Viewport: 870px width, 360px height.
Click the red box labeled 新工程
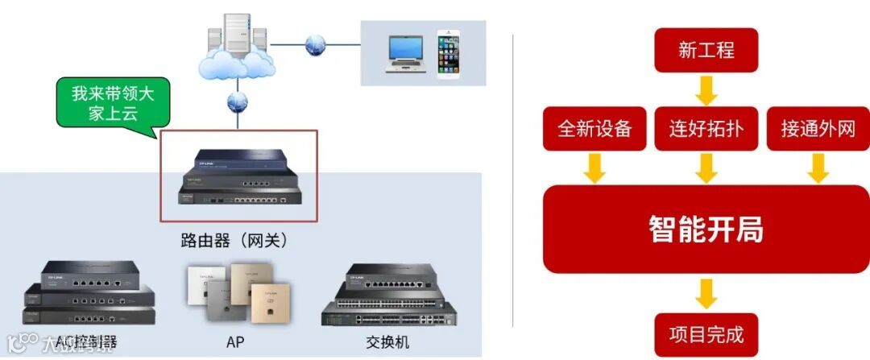pos(706,50)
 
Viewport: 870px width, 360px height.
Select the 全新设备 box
pos(594,128)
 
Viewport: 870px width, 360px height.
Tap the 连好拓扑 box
pos(706,128)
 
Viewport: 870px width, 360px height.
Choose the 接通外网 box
pos(818,128)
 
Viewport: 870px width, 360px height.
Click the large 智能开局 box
pos(706,230)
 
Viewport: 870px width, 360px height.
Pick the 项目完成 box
pos(706,334)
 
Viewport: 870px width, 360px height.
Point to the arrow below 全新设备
pos(594,168)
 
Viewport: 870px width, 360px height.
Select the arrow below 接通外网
pos(818,168)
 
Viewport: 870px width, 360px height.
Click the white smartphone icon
pos(449,54)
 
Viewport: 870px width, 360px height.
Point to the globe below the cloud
pos(237,102)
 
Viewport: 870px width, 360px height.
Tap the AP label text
pos(235,341)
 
